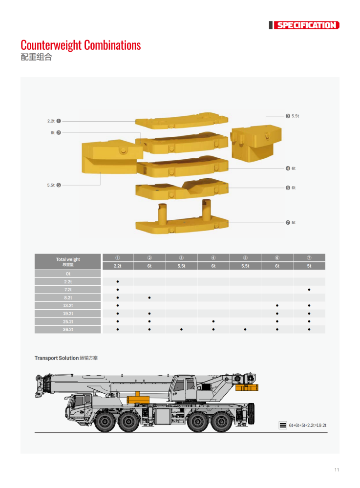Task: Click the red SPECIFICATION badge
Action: [x=306, y=25]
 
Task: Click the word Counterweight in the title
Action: [x=51, y=45]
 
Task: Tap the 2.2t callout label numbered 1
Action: [x=54, y=121]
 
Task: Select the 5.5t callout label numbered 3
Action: [x=292, y=116]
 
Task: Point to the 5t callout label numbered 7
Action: [x=291, y=223]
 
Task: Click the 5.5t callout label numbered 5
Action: [x=54, y=185]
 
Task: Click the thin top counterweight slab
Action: [x=182, y=121]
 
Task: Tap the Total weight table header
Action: [x=68, y=262]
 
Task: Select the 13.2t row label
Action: [x=68, y=306]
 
